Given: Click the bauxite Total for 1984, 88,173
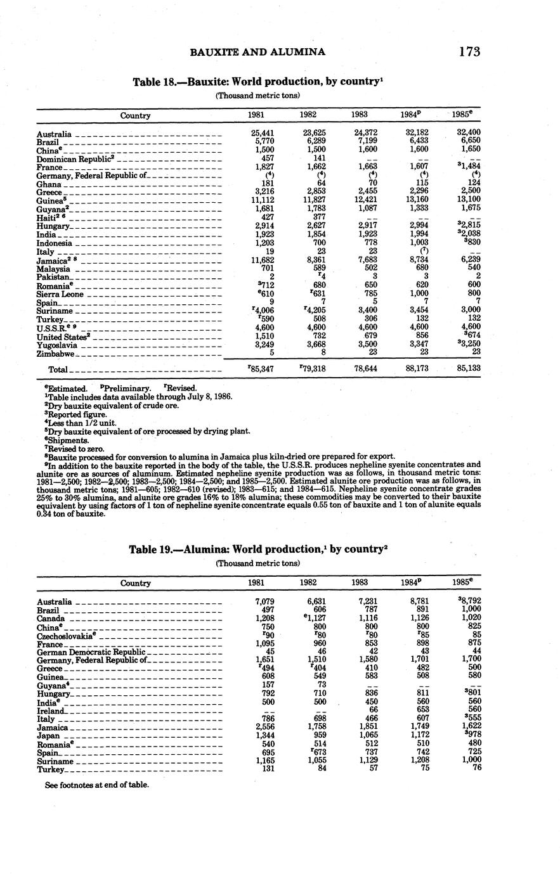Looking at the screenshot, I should pos(415,368).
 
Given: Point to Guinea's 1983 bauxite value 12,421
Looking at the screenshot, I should pos(363,200).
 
